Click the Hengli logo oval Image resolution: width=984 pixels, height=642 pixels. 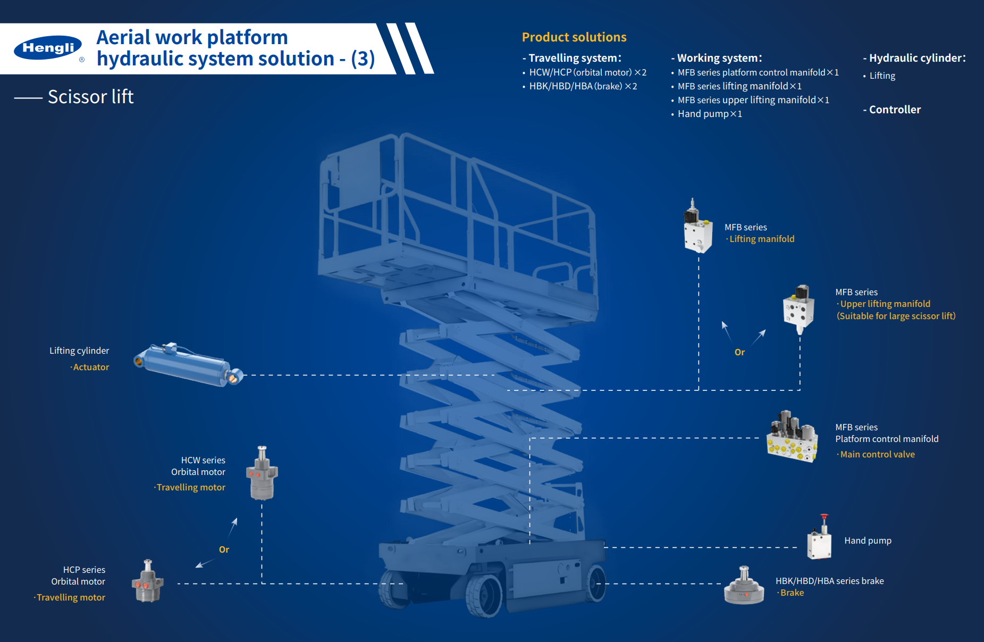click(48, 48)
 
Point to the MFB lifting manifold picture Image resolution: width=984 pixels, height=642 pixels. click(697, 228)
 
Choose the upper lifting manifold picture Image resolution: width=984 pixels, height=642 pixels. click(798, 309)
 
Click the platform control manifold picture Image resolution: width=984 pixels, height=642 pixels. click(792, 438)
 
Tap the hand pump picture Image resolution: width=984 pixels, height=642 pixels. click(819, 539)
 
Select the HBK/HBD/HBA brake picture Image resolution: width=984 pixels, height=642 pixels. click(744, 586)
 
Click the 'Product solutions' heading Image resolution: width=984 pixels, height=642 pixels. click(574, 37)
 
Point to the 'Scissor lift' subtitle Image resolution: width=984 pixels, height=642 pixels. click(90, 97)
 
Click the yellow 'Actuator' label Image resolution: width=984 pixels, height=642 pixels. click(91, 368)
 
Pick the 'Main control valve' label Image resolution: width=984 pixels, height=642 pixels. click(877, 454)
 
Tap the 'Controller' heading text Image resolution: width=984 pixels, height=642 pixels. click(895, 110)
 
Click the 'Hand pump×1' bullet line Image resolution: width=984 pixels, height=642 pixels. click(709, 114)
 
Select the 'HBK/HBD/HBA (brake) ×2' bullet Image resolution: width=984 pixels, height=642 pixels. click(583, 86)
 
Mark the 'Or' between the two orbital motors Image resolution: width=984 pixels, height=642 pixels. click(224, 549)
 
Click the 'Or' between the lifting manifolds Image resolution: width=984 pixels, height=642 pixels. click(739, 352)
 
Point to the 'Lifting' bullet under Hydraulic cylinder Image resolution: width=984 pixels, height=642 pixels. click(882, 76)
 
